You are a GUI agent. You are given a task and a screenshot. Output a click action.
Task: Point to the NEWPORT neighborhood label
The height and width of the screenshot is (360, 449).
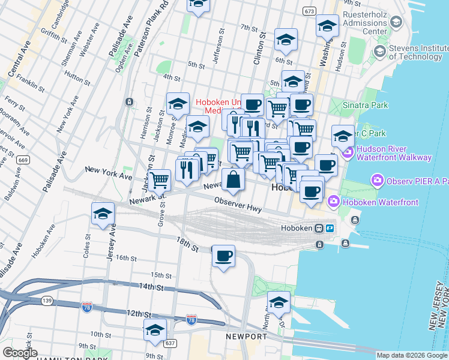246,337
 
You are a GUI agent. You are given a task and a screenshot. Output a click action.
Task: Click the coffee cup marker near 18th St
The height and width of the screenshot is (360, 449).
224,256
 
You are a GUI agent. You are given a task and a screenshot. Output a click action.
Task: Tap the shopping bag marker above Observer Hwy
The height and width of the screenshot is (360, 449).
233,179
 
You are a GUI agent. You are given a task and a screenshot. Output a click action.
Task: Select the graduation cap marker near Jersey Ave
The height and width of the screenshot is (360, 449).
103,214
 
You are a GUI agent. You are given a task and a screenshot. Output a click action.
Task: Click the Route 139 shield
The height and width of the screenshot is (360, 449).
47,299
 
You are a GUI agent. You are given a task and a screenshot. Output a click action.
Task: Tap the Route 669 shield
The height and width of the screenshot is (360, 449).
23,160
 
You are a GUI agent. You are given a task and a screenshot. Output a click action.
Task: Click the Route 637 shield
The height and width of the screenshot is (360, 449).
170,343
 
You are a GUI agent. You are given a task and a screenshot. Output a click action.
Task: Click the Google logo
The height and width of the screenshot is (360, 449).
20,353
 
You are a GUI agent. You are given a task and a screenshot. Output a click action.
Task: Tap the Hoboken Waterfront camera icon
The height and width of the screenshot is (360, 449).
334,202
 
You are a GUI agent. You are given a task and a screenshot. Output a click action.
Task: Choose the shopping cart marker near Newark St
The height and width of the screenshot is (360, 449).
159,179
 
